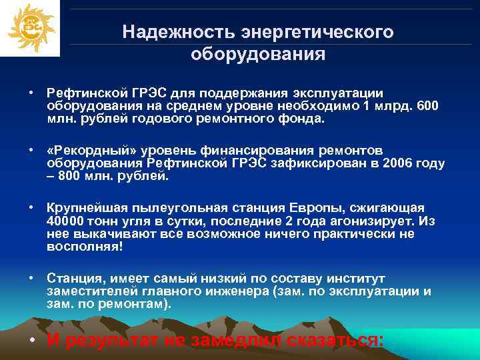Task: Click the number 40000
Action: click(66, 221)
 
